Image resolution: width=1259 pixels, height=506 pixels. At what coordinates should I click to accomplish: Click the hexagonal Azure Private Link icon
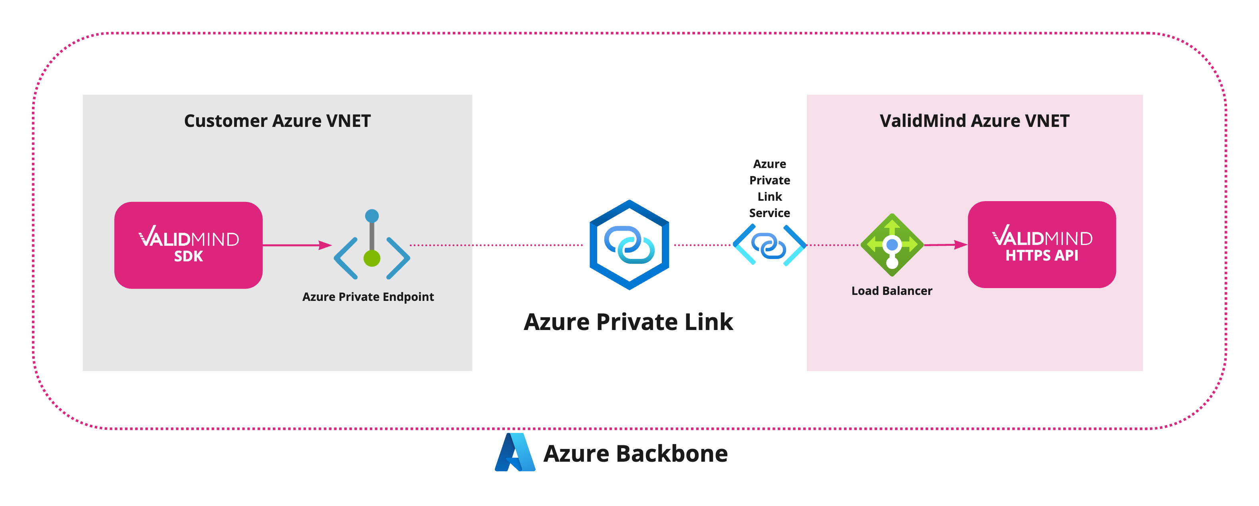[629, 245]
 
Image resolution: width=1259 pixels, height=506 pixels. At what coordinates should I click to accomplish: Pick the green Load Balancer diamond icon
[892, 245]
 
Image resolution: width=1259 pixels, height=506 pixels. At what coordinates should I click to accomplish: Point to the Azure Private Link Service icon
[769, 245]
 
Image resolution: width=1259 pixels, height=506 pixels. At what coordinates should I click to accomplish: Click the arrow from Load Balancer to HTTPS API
[945, 245]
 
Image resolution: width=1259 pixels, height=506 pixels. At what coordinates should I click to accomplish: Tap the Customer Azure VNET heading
[277, 121]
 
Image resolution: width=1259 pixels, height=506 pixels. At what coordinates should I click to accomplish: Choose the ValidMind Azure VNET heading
[974, 121]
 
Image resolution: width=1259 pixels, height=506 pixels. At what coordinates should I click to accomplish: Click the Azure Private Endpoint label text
[367, 297]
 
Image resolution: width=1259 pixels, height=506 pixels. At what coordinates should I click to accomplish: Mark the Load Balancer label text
[892, 291]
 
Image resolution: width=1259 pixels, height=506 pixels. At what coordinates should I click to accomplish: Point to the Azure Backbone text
[635, 454]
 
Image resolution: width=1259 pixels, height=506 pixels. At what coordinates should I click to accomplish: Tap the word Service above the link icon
[769, 213]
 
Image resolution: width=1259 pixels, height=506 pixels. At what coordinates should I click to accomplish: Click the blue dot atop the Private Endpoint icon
[372, 215]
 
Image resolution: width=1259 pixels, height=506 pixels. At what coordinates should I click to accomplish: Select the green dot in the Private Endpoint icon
[372, 258]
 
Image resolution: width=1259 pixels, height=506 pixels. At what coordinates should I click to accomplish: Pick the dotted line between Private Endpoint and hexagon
[496, 245]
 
